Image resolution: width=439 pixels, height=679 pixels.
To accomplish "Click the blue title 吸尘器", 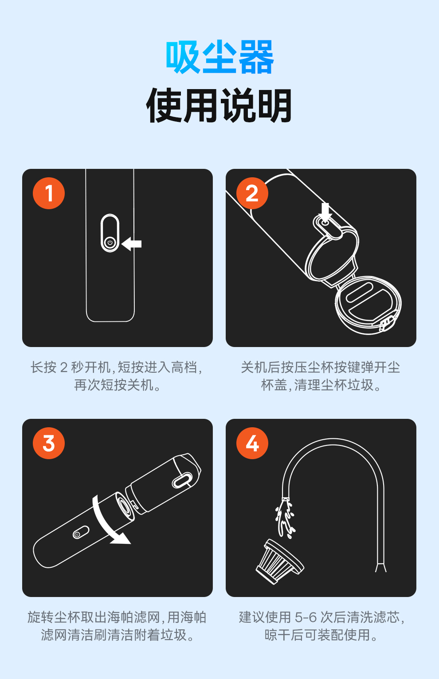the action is pos(220,57).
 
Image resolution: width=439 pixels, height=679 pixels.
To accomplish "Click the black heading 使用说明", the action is pos(219,105).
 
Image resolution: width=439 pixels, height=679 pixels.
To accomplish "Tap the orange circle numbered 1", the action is pos(49,193).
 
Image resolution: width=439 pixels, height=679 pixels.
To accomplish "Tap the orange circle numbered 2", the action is pos(252,193).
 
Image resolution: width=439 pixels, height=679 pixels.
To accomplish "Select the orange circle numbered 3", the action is pos(49,443).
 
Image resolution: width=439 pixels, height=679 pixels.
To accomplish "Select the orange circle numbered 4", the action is pos(252,443).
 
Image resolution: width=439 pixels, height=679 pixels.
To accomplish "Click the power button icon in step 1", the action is pos(110,242).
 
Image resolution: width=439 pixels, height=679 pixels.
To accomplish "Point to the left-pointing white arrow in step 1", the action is pos(131,244).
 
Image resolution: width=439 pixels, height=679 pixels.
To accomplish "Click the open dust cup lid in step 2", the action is pos(368,305).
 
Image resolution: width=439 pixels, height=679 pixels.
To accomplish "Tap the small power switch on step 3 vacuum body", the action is pos(81,532).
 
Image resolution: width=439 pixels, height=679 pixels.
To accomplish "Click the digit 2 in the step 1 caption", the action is pos(64,367).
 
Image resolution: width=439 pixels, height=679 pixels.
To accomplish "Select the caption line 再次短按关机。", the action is pos(118,385).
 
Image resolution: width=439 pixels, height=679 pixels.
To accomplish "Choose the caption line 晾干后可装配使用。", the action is pos(321,635).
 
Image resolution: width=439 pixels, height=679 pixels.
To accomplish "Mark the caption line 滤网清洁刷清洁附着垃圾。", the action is pos(118,635).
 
